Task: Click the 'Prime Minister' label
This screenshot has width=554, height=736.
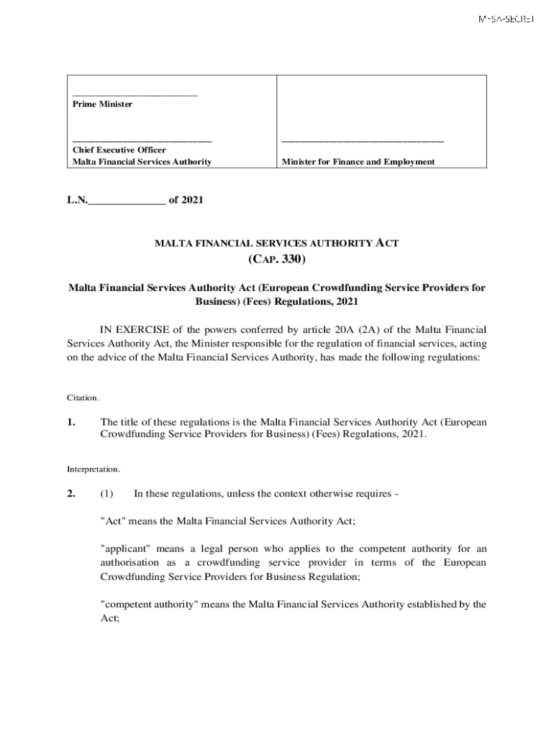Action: [x=103, y=104]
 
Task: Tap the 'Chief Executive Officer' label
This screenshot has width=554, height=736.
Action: [x=119, y=150]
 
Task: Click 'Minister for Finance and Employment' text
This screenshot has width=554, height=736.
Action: [x=358, y=162]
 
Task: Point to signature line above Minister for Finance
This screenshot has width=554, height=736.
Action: [x=363, y=141]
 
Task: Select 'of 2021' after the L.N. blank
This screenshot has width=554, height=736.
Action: [x=186, y=201]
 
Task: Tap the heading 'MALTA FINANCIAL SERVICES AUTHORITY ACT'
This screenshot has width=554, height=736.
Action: [x=277, y=244]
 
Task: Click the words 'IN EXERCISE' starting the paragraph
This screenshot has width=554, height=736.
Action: [x=127, y=329]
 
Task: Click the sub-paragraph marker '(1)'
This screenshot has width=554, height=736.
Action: [x=107, y=494]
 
